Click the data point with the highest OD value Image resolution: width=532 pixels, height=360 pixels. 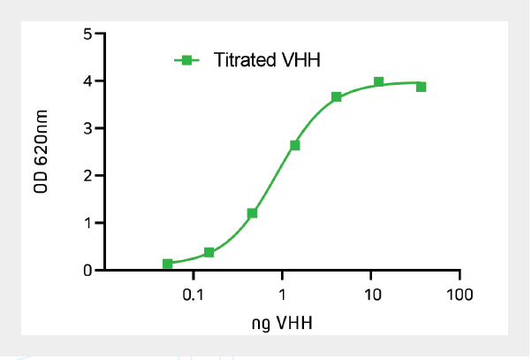point(378,82)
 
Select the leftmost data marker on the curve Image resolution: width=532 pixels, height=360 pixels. point(168,264)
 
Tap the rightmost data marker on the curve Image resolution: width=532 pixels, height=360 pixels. point(422,87)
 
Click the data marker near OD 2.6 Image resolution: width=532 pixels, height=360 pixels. point(294,145)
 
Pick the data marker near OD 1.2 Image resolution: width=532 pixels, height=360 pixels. point(252,213)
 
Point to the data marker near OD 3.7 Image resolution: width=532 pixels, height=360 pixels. point(337,96)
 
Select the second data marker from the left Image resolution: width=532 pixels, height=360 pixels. point(209,252)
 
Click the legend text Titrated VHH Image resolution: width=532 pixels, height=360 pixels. point(266,61)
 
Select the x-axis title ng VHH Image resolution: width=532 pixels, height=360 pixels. point(282,322)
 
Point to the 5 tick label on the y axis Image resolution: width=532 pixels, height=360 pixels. point(87,34)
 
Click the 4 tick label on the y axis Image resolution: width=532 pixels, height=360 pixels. point(87,81)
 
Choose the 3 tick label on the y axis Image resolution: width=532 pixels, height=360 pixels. point(87,128)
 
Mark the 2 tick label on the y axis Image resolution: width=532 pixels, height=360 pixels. point(87,175)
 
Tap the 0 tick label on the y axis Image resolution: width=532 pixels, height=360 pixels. point(87,270)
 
